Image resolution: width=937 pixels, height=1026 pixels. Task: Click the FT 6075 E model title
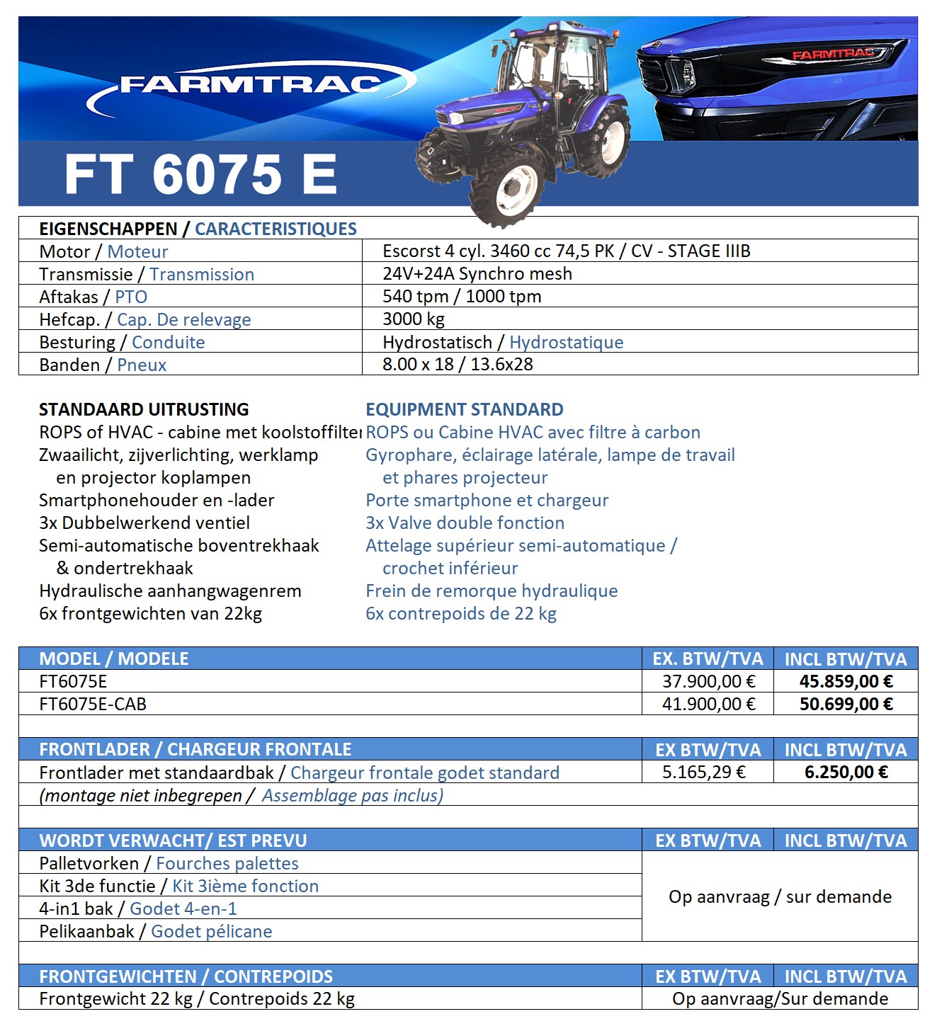200,174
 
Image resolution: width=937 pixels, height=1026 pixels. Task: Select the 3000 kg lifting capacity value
414,319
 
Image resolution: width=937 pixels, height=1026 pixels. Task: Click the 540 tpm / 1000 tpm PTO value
462,297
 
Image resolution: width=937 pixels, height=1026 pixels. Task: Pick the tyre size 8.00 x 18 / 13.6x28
458,365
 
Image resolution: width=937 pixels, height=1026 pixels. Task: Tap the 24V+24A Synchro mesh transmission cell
477,274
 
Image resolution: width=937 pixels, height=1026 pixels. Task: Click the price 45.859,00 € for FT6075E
846,682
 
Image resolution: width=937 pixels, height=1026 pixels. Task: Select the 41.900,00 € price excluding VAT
708,705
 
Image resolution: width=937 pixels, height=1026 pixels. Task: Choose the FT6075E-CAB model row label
93,705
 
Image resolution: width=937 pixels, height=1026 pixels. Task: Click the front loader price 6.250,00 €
846,773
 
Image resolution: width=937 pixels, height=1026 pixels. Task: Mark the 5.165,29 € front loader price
704,773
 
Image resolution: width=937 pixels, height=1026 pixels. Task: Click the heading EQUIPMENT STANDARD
464,410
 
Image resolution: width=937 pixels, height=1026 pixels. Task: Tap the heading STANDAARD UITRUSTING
144,410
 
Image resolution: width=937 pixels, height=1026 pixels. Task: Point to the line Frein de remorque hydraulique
492,591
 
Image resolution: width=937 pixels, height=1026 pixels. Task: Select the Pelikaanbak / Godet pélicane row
156,932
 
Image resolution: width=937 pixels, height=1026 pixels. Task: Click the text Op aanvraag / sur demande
780,897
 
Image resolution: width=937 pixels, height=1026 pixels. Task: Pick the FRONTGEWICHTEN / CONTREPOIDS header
186,977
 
